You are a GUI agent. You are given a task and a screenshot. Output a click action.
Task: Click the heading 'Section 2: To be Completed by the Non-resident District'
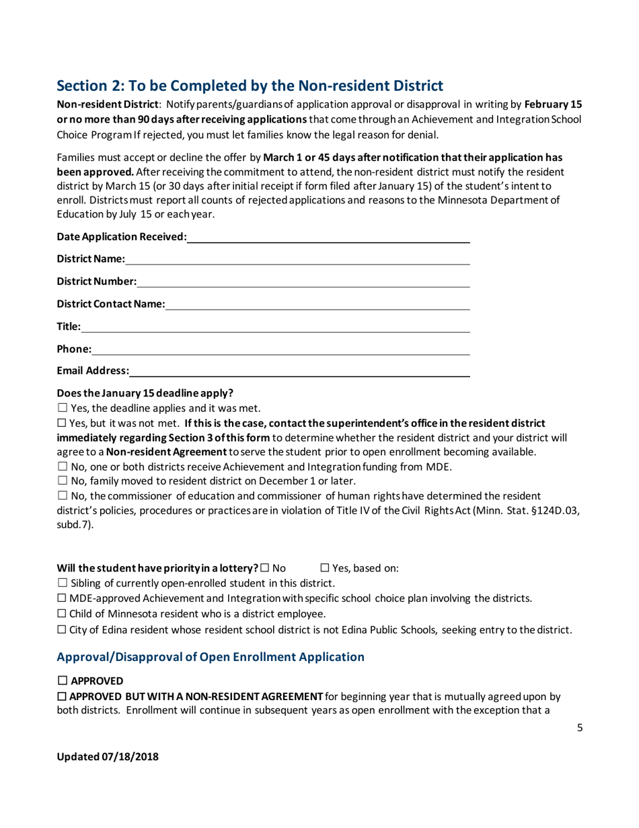[x=250, y=85]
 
